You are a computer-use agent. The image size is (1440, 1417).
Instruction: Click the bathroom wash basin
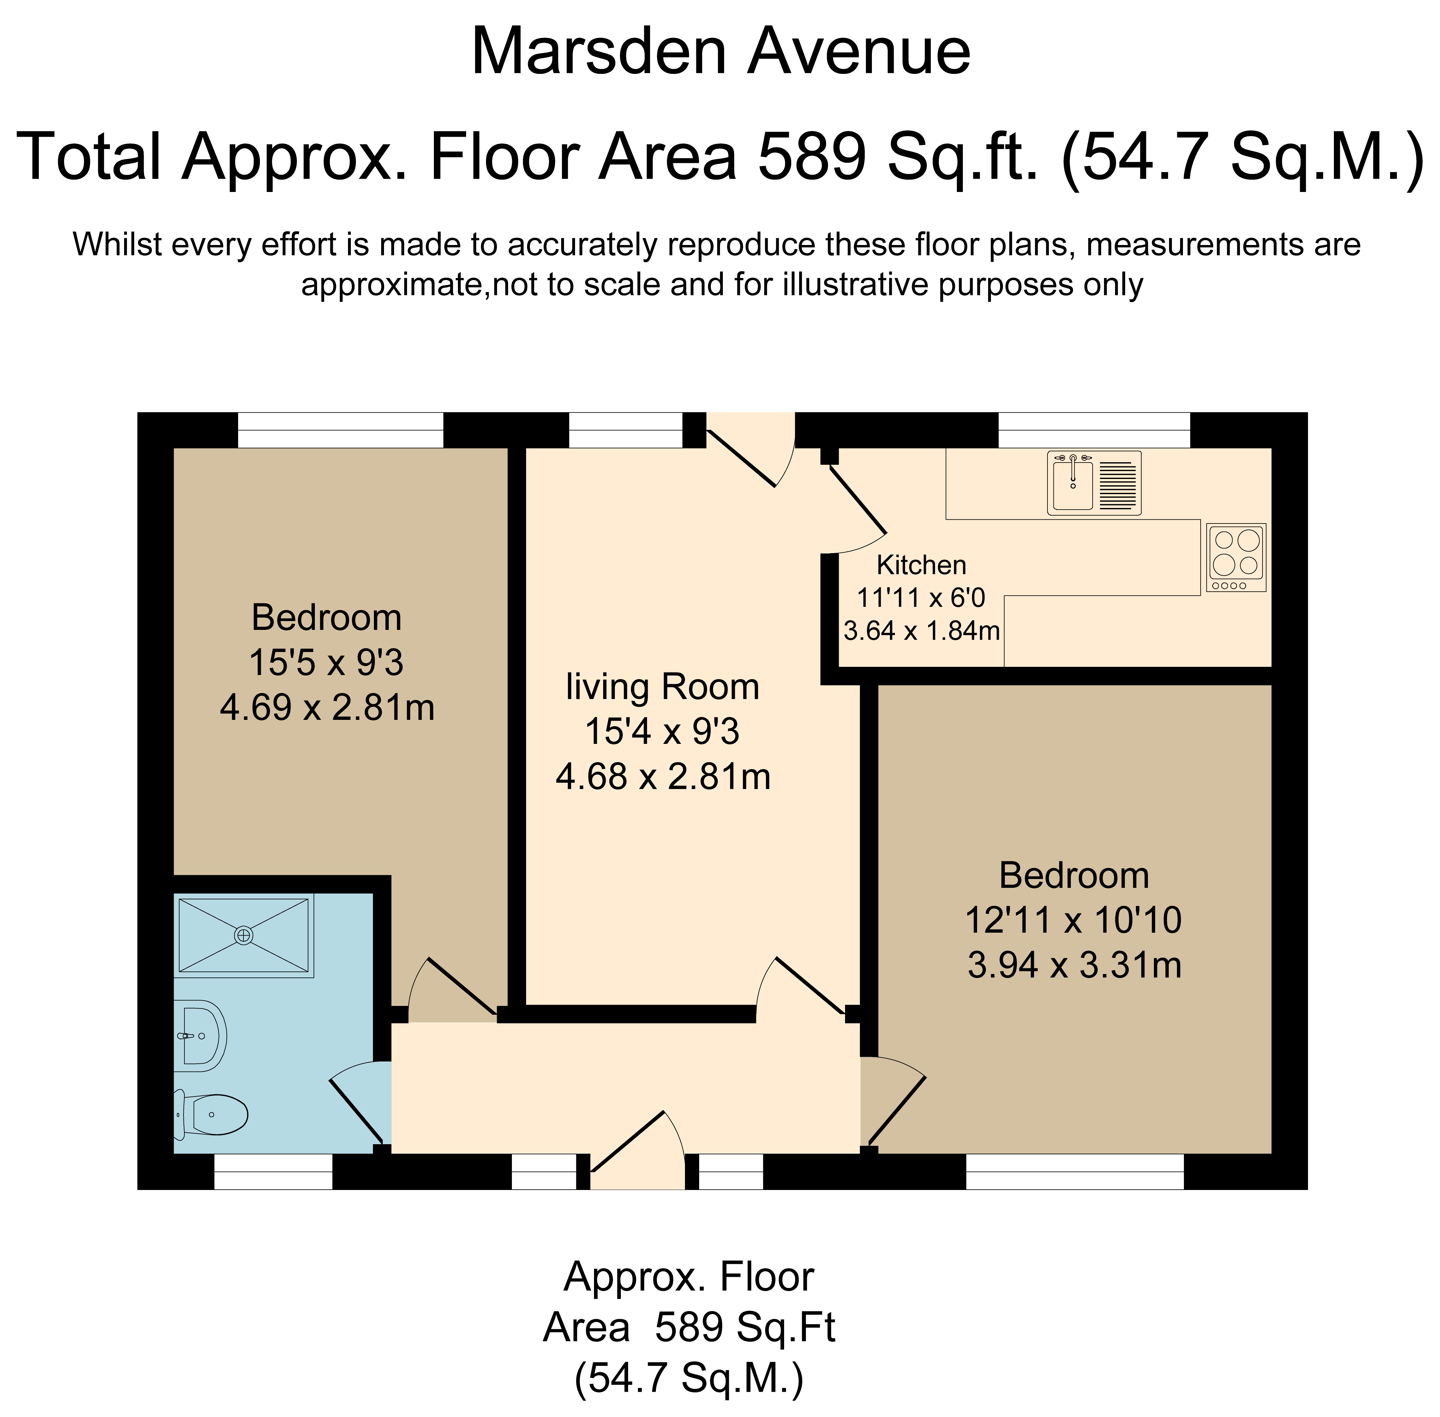pyautogui.click(x=201, y=1034)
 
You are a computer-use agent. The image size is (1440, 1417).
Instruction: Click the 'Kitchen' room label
pyautogui.click(x=921, y=565)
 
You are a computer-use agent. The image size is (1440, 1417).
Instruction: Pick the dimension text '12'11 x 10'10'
pyautogui.click(x=1073, y=921)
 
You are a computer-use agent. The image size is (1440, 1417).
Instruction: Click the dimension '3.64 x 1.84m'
pyautogui.click(x=921, y=631)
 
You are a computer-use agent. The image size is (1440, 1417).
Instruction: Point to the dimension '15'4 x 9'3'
pyautogui.click(x=662, y=732)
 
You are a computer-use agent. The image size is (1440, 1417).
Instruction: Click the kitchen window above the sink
pyautogui.click(x=1094, y=430)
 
